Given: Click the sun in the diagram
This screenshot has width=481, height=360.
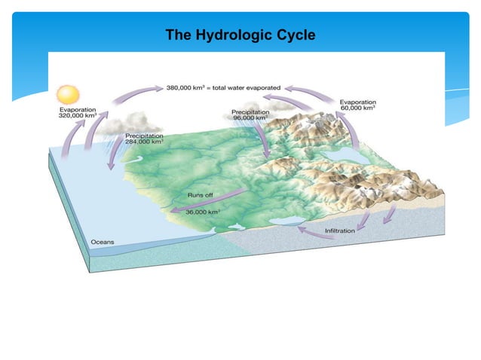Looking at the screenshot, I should (69, 95).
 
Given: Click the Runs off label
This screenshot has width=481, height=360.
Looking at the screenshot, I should (200, 195).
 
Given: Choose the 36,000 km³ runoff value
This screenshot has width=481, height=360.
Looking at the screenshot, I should (203, 212).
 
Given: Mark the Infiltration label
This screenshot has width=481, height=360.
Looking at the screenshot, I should (339, 230).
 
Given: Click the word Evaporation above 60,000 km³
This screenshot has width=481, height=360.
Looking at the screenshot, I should (359, 102).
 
